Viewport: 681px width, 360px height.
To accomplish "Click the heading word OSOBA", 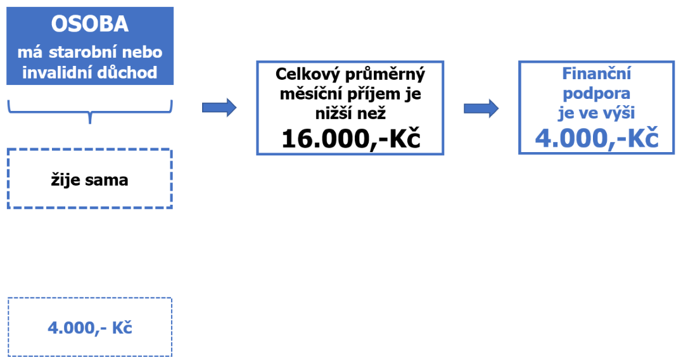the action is click(x=90, y=24).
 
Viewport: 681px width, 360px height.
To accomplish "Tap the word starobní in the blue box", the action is click(x=82, y=52).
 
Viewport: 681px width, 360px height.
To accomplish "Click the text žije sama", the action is click(x=89, y=180).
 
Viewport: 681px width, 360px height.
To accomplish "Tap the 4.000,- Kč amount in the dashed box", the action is click(x=90, y=328).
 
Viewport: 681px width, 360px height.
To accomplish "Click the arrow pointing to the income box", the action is click(x=219, y=107).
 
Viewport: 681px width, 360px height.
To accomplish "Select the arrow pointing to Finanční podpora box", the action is click(x=481, y=108).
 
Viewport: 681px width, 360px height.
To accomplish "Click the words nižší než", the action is click(x=350, y=113).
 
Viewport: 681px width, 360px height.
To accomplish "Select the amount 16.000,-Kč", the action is click(x=351, y=139).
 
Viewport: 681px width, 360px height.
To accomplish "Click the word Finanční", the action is click(x=597, y=74).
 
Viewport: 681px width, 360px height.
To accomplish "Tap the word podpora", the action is click(x=596, y=94).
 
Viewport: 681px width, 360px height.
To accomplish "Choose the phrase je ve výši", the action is click(x=596, y=113).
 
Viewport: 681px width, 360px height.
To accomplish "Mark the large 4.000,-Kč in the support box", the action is click(x=597, y=139).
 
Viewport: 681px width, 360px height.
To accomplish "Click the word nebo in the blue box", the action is click(x=142, y=52).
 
